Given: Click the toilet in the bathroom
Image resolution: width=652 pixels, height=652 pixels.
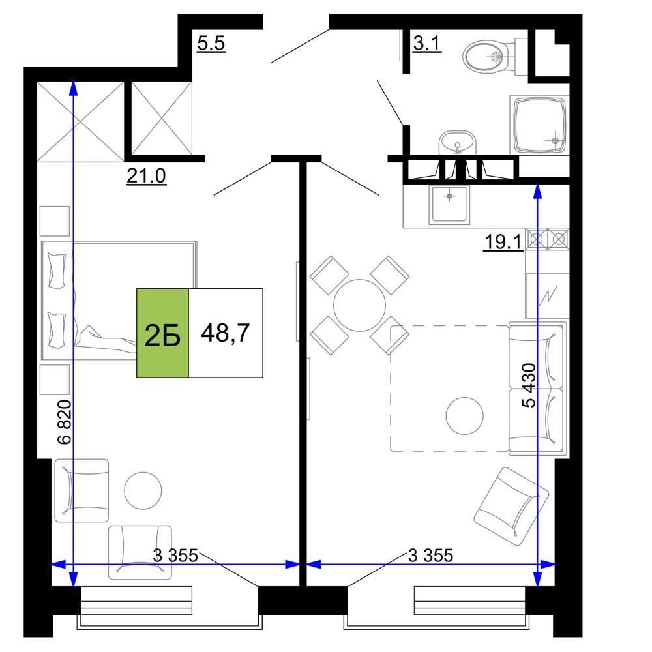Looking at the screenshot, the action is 495,57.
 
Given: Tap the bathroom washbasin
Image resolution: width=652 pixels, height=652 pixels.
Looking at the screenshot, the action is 458,143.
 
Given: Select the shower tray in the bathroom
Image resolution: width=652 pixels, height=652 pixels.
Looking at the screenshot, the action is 539,125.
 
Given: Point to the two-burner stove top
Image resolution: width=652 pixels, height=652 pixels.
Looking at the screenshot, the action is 547,239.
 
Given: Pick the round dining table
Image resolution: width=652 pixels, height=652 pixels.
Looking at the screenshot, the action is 359,305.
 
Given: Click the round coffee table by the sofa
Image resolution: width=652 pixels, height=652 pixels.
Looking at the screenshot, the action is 464,415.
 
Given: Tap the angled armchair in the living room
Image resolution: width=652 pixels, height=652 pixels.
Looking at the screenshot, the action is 511,506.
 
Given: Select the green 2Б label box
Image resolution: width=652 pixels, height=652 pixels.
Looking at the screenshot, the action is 162,333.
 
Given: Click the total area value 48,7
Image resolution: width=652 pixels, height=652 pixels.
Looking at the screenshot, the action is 226,333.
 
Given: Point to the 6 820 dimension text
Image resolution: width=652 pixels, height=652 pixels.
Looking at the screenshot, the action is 65,422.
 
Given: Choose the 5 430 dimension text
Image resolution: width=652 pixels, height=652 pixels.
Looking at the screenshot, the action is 529,385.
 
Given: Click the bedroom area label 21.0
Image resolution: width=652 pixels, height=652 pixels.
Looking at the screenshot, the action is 146,176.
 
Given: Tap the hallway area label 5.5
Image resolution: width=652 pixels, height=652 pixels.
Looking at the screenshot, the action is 211,43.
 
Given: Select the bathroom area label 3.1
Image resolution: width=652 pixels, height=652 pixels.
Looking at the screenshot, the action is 427,43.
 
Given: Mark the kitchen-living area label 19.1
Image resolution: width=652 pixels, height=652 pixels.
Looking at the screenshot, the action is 503,243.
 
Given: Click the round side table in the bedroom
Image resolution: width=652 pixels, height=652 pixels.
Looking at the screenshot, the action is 143,490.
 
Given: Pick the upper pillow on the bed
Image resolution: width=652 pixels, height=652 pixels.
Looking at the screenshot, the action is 57,271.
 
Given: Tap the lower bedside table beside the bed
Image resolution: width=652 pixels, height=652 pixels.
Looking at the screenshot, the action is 55,379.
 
